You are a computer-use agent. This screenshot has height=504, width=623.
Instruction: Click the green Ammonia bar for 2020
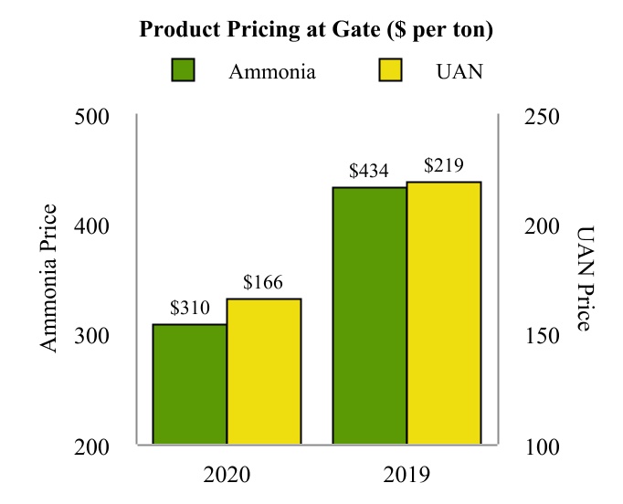pos(189,384)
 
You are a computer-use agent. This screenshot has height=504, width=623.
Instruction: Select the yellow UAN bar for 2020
pos(264,372)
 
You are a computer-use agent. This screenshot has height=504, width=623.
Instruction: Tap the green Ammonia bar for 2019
pos(369,316)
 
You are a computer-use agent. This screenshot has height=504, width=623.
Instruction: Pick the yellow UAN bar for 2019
pos(444,313)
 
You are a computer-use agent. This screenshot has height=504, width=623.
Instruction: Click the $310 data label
pos(190,309)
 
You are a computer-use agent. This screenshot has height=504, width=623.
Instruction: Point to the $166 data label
pos(264,283)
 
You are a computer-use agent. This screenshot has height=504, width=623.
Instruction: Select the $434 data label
pos(369,172)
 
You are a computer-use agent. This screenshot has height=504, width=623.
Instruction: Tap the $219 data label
pos(444,166)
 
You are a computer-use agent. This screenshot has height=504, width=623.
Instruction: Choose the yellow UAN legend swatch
pos(390,71)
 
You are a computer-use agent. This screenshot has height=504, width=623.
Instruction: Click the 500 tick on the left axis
pos(91,117)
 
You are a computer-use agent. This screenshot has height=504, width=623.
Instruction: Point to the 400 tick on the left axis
pos(91,226)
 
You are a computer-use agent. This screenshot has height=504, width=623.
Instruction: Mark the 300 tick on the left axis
pos(91,336)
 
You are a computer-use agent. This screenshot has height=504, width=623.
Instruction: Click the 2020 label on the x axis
pos(227,476)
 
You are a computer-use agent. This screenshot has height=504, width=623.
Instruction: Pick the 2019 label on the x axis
pos(406,476)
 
